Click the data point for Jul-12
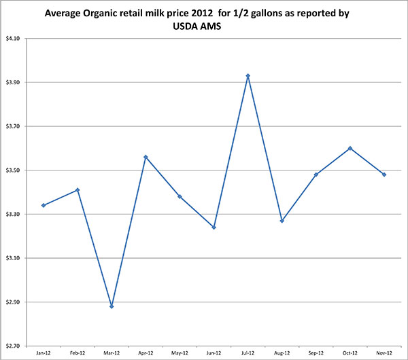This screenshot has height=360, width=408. click(248, 76)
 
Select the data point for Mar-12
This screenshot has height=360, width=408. click(112, 306)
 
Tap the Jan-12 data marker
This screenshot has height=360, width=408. click(44, 205)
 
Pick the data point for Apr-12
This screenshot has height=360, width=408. click(146, 157)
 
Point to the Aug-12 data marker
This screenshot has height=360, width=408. click(282, 221)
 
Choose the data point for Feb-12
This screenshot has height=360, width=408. click(78, 190)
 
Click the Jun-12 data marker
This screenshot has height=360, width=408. click(214, 228)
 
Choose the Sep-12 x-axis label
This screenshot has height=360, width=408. click(316, 353)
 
